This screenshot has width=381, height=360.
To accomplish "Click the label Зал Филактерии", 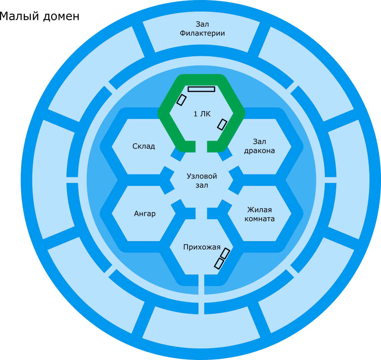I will pyautogui.click(x=202, y=29).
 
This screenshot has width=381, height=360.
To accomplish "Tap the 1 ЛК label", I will pyautogui.click(x=202, y=114).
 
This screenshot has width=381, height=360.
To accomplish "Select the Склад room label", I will pyautogui.click(x=144, y=146).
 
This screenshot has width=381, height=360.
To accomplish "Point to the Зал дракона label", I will pyautogui.click(x=259, y=146).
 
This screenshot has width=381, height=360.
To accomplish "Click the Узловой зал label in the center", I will pyautogui.click(x=202, y=180).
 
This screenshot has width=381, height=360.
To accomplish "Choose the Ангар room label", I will pyautogui.click(x=145, y=214).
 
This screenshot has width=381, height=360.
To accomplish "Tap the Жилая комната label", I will pyautogui.click(x=259, y=214).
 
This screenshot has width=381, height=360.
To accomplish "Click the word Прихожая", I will pyautogui.click(x=202, y=247).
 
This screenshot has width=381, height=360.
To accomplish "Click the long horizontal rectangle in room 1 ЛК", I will pyautogui.click(x=201, y=89).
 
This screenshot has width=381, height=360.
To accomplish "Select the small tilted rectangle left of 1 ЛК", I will pyautogui.click(x=182, y=100).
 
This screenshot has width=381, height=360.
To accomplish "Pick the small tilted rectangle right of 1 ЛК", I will pyautogui.click(x=222, y=124).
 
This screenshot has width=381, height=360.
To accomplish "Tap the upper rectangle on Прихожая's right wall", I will pyautogui.click(x=225, y=253).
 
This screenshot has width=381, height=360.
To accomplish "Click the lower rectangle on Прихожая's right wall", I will pyautogui.click(x=219, y=263).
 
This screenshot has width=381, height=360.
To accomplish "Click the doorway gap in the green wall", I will pyautogui.click(x=201, y=147).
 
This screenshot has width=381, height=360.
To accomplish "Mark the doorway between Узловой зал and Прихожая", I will pyautogui.click(x=201, y=213).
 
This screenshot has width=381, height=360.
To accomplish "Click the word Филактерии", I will pyautogui.click(x=202, y=33).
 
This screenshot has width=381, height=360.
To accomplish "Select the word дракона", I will pyautogui.click(x=259, y=151).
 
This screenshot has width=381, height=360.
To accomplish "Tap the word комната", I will pyautogui.click(x=259, y=219).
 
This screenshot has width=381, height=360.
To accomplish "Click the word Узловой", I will pyautogui.click(x=202, y=176).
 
